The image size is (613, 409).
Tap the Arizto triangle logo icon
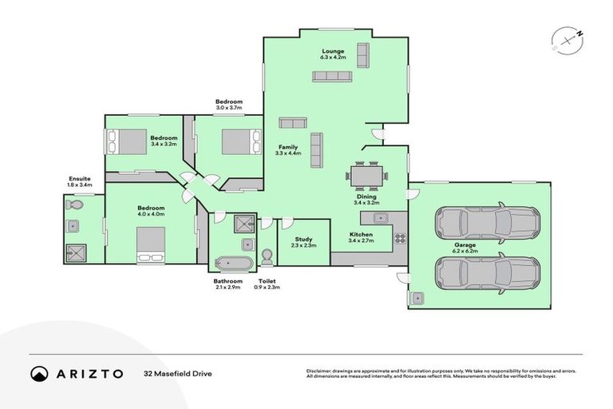click(x=39, y=373)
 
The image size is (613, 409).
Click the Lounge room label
click(x=333, y=51)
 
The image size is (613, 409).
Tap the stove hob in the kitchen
click(x=399, y=237)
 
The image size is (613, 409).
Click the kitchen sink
click(x=381, y=217)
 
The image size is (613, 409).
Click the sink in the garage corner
click(x=417, y=298)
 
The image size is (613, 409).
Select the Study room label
click(x=303, y=238)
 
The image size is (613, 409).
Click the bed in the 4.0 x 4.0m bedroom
click(x=151, y=244)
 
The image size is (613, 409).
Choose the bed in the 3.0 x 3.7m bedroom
click(x=241, y=141)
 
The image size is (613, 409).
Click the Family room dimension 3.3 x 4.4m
click(x=288, y=153)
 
